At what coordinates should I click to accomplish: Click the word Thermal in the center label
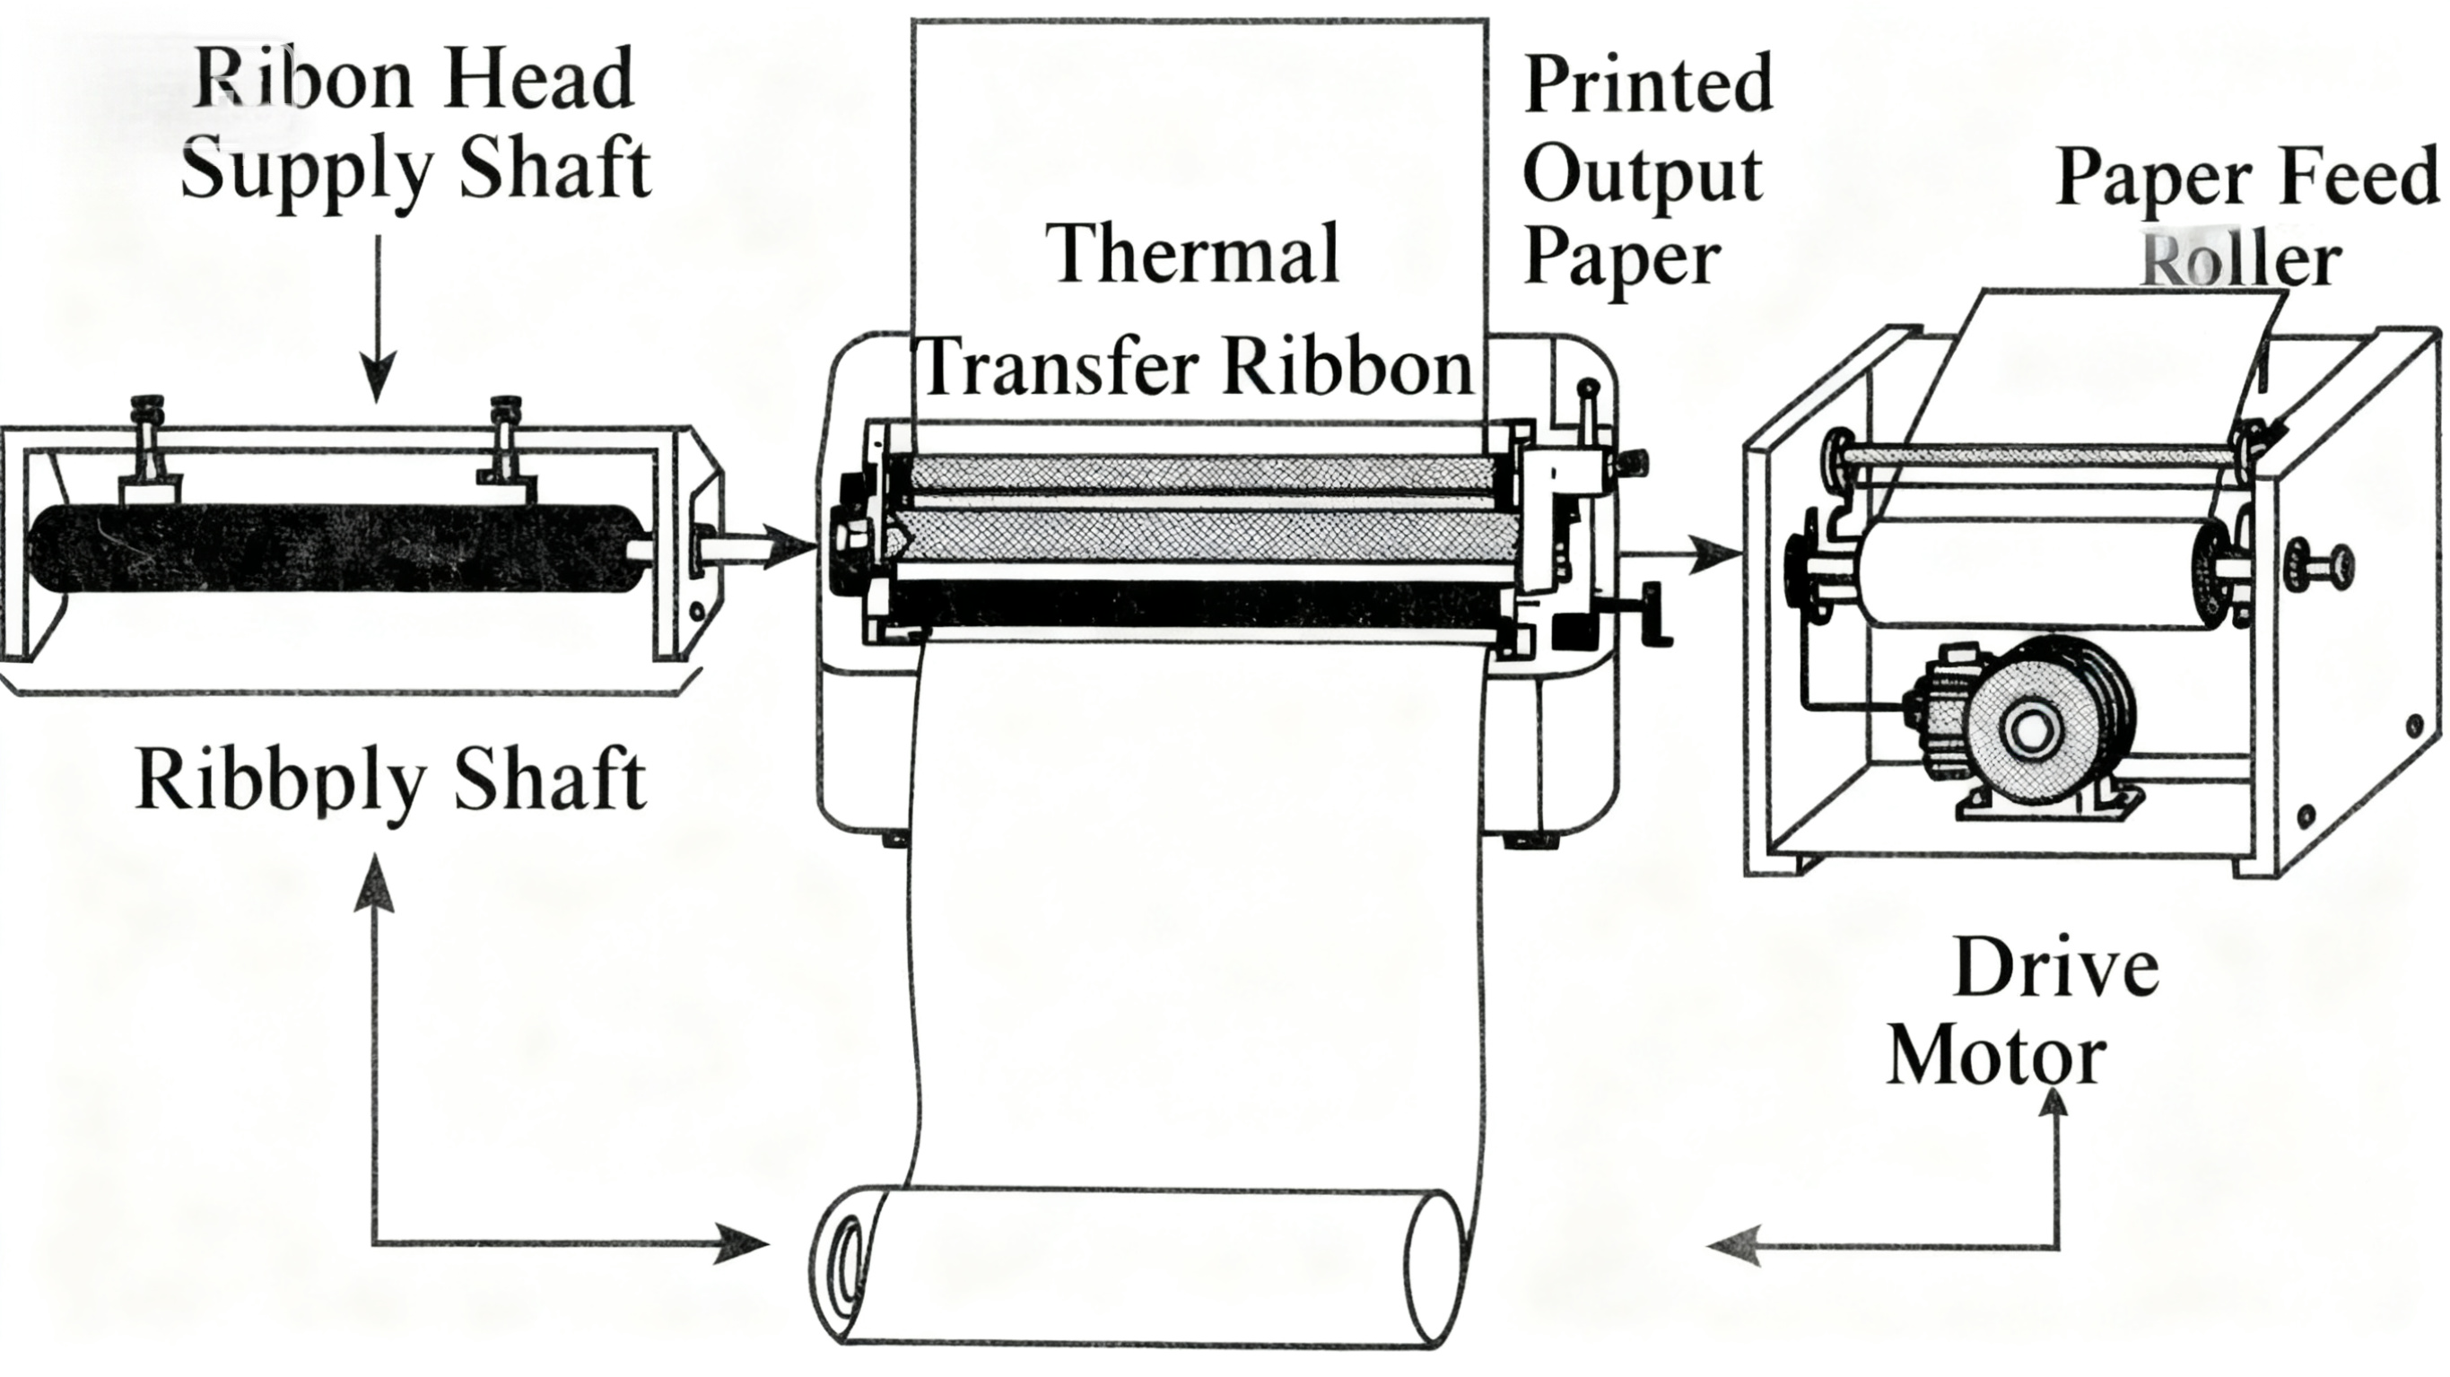tap(1194, 255)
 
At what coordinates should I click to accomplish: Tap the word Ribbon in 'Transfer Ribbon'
tap(1347, 369)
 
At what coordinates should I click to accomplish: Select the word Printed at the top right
tap(1648, 85)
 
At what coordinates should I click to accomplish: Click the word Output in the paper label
tap(1643, 176)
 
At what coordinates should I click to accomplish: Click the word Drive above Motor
tap(2054, 968)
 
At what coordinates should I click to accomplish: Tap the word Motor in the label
tap(1995, 1058)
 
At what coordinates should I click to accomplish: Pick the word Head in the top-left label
tap(537, 80)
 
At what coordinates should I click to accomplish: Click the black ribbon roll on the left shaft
tap(333, 549)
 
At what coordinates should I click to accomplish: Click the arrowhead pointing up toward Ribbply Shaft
tap(374, 880)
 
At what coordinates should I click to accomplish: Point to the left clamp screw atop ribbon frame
tap(147, 418)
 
